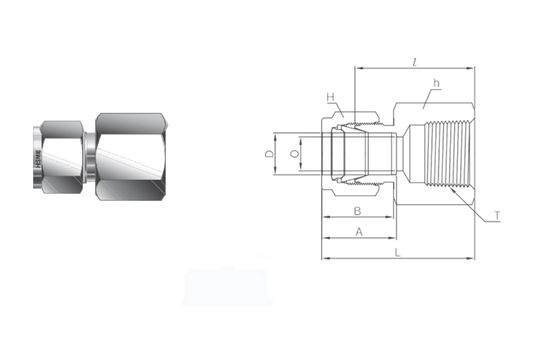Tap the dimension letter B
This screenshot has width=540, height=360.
357,210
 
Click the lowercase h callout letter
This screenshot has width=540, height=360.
436,83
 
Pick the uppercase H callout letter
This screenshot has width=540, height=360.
328,96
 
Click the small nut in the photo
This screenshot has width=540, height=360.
62,154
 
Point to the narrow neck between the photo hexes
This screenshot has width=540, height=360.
89,154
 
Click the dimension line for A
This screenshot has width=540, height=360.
340,239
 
